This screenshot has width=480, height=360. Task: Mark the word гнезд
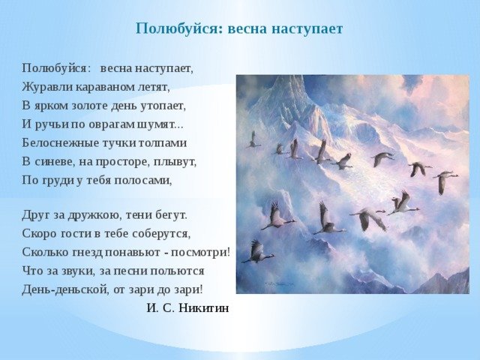click(x=88, y=253)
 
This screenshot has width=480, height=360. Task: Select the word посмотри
click(x=199, y=253)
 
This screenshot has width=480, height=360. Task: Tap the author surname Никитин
click(x=203, y=308)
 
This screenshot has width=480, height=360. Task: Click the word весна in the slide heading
click(x=247, y=29)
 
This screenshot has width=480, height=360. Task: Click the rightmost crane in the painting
click(x=445, y=181)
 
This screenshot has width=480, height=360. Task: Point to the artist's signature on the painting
click(x=280, y=284)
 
